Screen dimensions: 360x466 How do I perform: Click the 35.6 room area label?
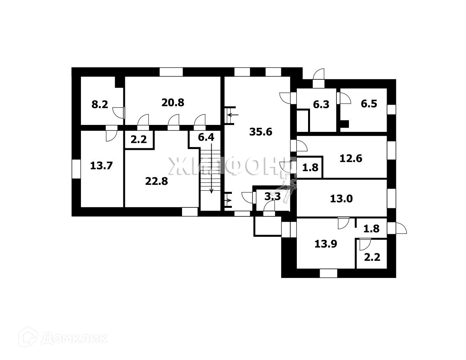(261, 132)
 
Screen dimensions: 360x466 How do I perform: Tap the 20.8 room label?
(173, 103)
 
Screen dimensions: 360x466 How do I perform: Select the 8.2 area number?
(100, 105)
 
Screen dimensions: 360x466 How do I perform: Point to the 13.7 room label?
(101, 166)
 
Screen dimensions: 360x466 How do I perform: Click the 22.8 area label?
(156, 181)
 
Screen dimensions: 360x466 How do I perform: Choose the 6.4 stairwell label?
(206, 137)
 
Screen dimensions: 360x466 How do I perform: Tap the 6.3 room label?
(321, 104)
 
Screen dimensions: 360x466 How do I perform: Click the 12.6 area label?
(351, 158)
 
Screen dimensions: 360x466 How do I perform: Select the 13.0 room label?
(341, 198)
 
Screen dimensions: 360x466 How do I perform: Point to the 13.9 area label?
(326, 244)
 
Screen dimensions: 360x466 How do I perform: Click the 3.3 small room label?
(272, 197)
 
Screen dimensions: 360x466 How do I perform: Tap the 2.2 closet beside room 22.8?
(138, 139)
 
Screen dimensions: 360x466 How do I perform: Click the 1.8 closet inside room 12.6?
(310, 168)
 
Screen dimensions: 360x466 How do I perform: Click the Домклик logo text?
(74, 338)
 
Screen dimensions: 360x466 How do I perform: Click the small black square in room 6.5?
(345, 124)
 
